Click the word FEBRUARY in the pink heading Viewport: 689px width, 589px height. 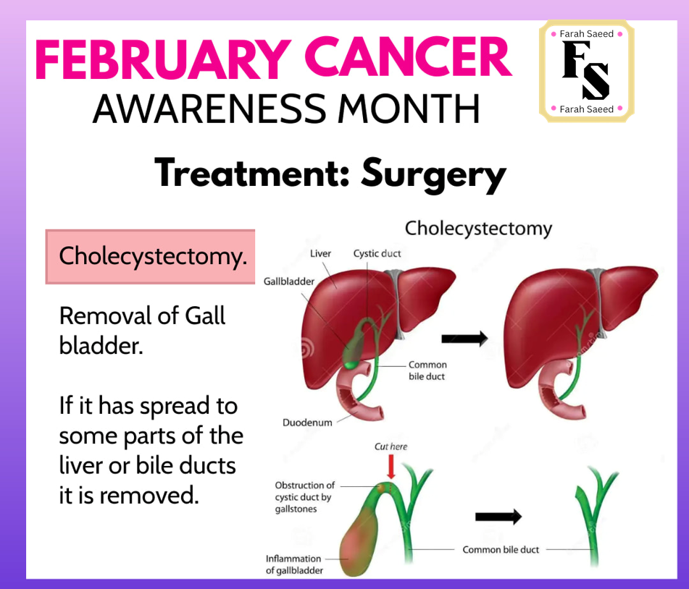coord(163,59)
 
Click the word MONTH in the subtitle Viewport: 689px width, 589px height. coord(409,109)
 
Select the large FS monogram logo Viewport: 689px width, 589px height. coord(585,70)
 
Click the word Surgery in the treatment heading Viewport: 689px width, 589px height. coord(434,174)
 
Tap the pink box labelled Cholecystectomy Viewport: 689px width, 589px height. coord(150,256)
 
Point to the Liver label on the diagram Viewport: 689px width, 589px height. coord(320,254)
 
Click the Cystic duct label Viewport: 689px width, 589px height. coord(377,254)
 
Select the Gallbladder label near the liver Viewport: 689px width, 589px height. coord(288,281)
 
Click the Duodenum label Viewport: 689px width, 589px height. coord(307,423)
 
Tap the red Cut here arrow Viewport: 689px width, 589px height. coord(391,467)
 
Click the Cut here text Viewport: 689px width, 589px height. coord(391,446)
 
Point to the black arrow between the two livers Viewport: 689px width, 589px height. coord(464,339)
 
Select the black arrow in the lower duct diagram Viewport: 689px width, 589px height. coord(498,517)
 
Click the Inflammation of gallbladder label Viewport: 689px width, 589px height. coord(294,564)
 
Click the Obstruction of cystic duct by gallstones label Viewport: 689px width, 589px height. coord(304,497)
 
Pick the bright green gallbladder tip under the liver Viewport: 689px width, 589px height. coord(351,365)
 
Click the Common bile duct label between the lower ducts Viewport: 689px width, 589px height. coord(501,549)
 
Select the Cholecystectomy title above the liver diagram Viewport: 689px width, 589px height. coord(478,229)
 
